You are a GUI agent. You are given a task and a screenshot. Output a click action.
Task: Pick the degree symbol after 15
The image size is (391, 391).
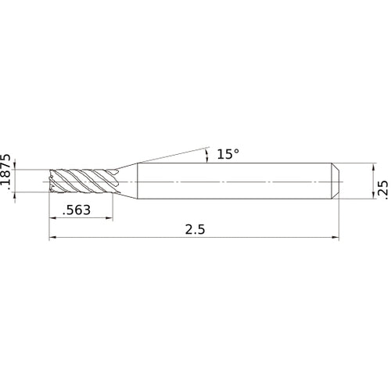click(x=236, y=152)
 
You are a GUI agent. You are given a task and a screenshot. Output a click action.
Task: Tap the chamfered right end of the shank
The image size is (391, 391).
click(x=335, y=180)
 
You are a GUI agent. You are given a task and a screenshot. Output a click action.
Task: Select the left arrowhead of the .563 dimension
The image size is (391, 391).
click(x=53, y=217)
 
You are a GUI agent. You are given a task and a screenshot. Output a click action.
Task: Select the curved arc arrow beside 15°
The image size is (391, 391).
click(x=207, y=155)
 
